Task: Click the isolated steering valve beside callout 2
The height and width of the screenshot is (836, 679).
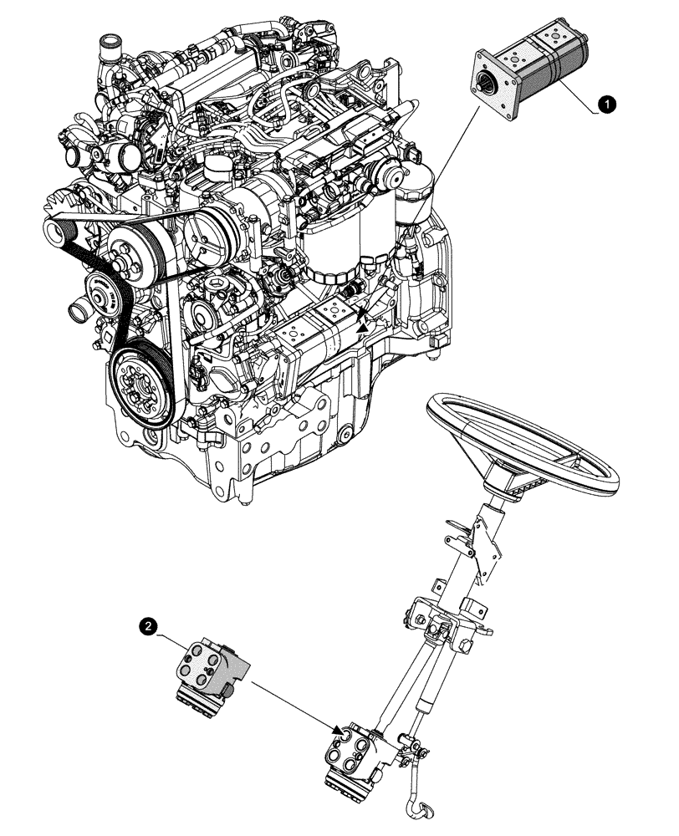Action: (x=212, y=670)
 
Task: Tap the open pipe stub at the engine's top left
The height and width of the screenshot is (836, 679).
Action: (x=108, y=43)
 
